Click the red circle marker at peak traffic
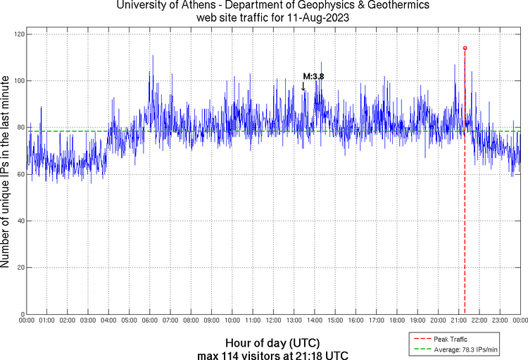coord(465,48)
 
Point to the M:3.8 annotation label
coord(313,76)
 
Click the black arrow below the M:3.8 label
coord(303,86)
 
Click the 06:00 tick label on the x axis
coord(150,321)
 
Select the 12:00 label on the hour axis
coord(273,321)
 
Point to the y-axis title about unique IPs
coord(6,173)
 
